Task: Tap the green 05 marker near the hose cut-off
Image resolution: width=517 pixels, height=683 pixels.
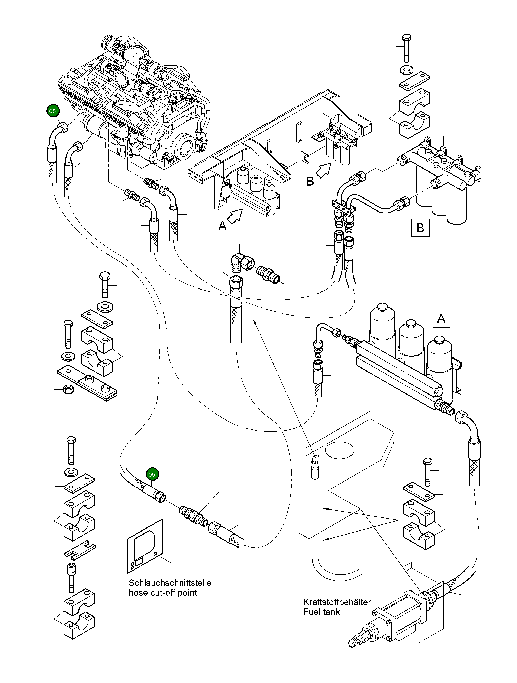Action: click(152, 474)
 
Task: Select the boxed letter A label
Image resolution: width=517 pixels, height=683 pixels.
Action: click(441, 318)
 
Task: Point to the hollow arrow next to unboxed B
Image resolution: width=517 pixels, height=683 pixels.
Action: click(323, 170)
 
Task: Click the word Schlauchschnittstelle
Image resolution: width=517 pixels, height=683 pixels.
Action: click(170, 583)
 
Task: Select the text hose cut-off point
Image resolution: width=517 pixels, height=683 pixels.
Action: click(163, 593)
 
